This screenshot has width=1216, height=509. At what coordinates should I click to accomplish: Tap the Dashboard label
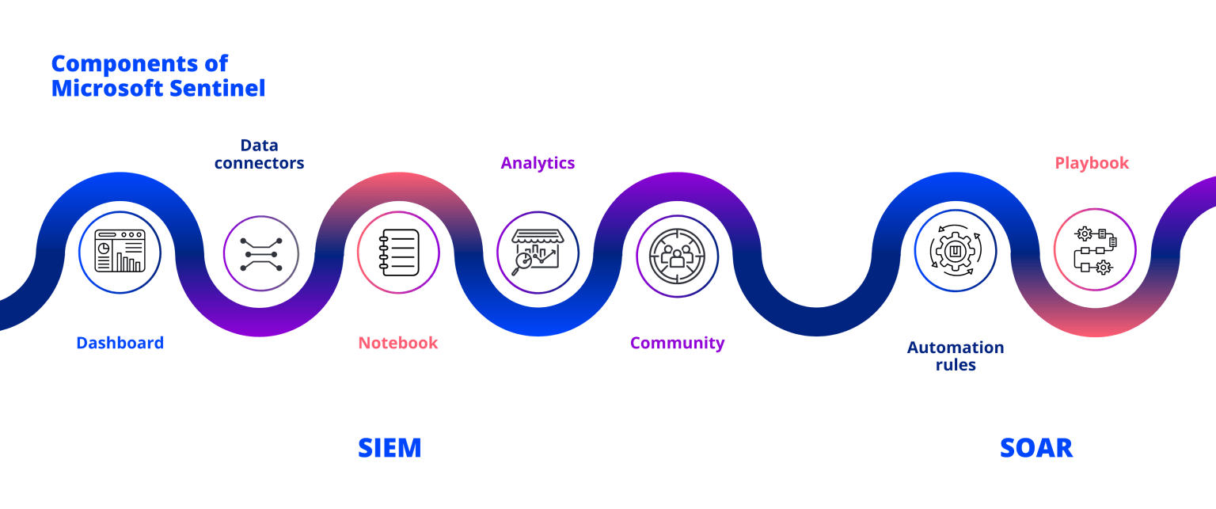coord(120,343)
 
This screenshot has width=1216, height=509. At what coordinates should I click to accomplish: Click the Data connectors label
coord(259,154)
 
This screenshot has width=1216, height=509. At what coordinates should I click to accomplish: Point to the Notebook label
coord(397,343)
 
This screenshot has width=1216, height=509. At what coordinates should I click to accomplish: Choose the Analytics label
coord(538,163)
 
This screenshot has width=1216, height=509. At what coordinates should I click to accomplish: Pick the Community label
coord(677,343)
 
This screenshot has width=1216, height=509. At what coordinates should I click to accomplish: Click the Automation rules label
coord(955,355)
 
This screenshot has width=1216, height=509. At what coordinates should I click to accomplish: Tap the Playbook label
coord(1092,163)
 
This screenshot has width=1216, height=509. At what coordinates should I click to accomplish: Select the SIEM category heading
coord(389,448)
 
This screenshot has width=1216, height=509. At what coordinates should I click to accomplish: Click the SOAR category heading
coord(1035,448)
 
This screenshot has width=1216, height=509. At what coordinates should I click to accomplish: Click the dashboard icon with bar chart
coord(120,252)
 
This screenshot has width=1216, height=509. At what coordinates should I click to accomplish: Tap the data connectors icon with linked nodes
coord(260,254)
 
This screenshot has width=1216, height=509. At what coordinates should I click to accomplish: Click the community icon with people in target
coord(677,256)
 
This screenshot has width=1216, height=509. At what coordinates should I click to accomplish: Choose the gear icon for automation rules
coord(956,252)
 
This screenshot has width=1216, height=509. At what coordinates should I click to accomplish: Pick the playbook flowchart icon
coord(1095,249)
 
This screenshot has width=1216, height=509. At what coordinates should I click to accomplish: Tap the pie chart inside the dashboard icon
coord(104,248)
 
